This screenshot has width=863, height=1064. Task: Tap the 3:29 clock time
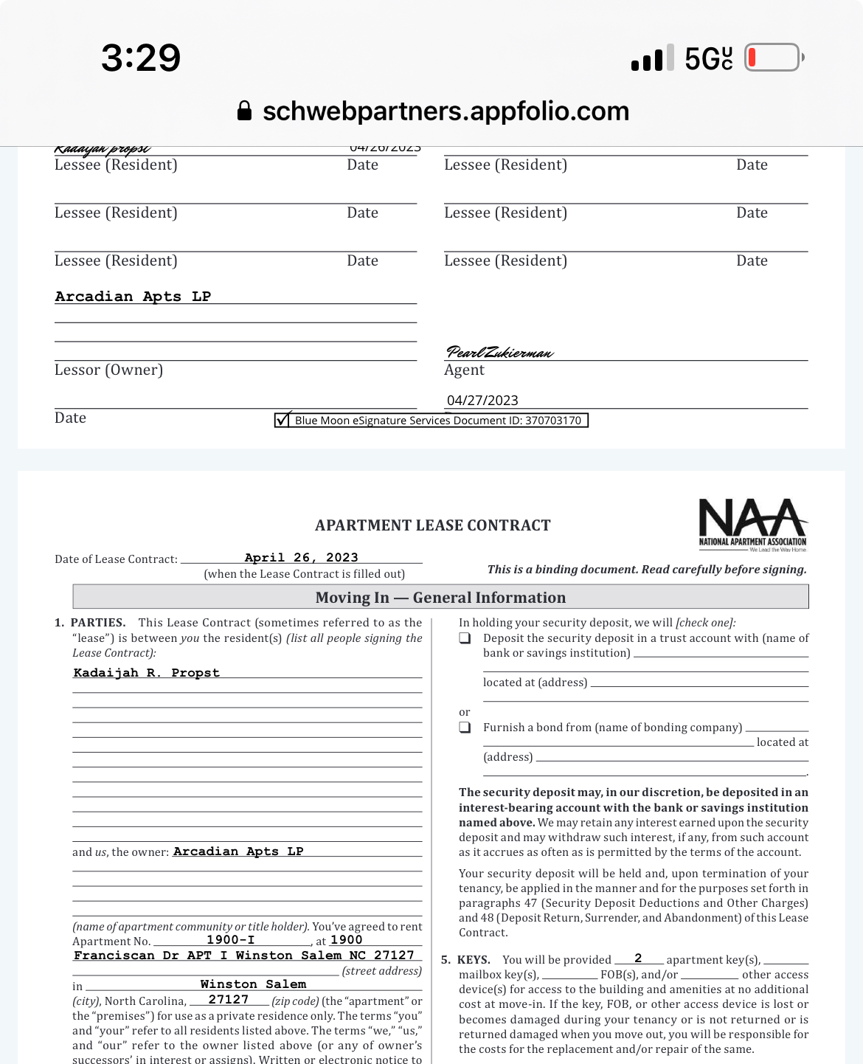coord(141,58)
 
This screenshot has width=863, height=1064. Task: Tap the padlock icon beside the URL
coord(244,111)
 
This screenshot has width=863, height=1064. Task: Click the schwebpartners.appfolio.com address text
coord(446,111)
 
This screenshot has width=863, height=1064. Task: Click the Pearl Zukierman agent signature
coord(499,352)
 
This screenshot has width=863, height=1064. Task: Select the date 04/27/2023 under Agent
coord(482,400)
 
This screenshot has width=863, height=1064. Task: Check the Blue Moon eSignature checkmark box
coord(282,420)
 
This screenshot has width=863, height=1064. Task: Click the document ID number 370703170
coord(552,421)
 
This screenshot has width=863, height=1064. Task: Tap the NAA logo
coord(752,524)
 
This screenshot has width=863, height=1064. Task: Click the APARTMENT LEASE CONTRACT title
coord(432,525)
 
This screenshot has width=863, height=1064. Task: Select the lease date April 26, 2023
coord(301,557)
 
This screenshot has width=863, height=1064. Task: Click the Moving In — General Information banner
coord(440,597)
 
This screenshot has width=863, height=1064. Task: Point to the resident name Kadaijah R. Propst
coord(146,672)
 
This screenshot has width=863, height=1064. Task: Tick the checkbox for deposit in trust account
coord(465,638)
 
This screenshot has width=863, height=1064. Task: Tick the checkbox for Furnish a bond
coord(465,728)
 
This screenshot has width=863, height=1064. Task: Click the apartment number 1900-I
coord(230,939)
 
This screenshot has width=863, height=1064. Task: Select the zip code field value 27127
coord(228,999)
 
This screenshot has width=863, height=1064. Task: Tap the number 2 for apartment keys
coord(638,958)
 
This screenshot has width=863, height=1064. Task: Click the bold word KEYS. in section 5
coord(474,960)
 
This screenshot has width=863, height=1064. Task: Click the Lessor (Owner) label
coord(108,370)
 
